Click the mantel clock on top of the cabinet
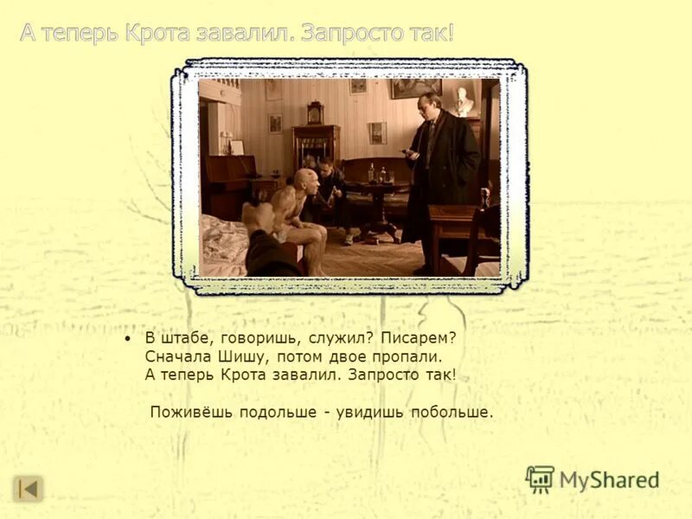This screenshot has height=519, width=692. coord(315,113)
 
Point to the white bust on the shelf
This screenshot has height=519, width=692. coord(465,101)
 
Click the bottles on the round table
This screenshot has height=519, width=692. coord(376,173)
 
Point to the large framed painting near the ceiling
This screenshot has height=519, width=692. coord(415,88)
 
